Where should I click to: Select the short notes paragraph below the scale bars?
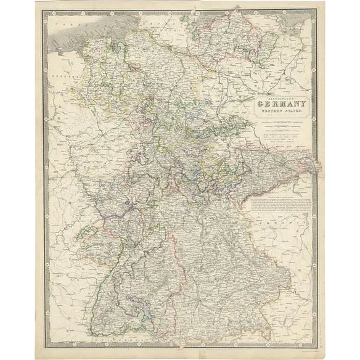tap(280, 139)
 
